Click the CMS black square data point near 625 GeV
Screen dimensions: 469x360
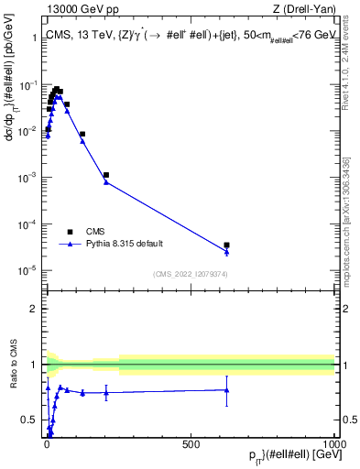(x=226, y=245)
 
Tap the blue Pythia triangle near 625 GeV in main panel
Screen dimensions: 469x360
(x=226, y=252)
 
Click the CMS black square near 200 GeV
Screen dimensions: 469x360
(x=106, y=175)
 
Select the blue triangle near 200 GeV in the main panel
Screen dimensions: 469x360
(x=106, y=182)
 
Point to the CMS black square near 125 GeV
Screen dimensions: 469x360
(x=82, y=134)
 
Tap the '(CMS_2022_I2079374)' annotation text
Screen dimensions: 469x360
(x=190, y=273)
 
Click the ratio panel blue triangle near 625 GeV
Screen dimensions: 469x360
(x=226, y=389)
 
